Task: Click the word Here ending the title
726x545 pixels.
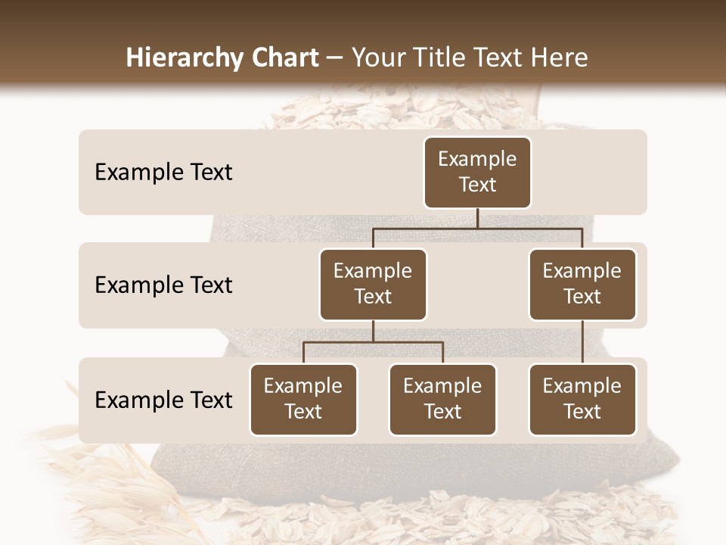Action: [x=558, y=58]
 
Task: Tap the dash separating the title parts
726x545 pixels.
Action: [x=335, y=58]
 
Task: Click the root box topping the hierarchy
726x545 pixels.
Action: [x=477, y=172]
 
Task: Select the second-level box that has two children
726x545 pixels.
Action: [x=373, y=284]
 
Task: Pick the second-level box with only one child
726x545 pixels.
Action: [x=582, y=284]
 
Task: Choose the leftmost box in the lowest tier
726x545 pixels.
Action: [x=303, y=399]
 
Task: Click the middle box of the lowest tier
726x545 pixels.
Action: [x=442, y=399]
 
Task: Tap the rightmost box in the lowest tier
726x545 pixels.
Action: [x=582, y=399]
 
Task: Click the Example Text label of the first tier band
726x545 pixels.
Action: [x=163, y=172]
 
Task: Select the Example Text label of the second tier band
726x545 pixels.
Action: [x=163, y=285]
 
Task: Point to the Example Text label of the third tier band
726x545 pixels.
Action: [x=163, y=400]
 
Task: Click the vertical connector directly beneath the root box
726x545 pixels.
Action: [x=477, y=218]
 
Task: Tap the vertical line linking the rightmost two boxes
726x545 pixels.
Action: [x=582, y=341]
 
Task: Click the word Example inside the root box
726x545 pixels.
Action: [x=477, y=159]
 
